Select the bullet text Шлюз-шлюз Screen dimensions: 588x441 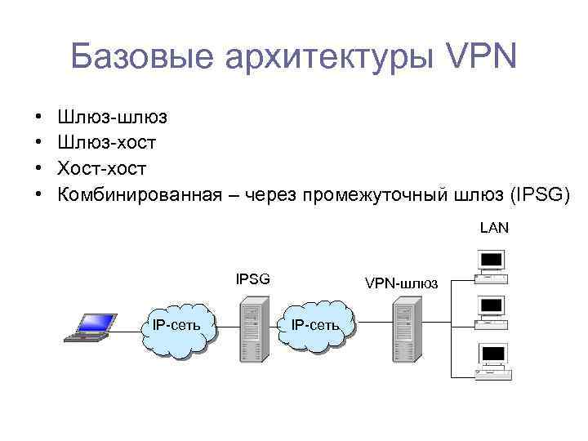coord(111,117)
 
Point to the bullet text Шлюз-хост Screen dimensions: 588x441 coord(111,143)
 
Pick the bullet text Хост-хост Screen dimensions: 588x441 coord(101,169)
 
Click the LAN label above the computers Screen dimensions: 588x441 coord(494,228)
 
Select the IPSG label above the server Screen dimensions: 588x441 coord(252,279)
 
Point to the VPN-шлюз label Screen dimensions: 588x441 coord(401,283)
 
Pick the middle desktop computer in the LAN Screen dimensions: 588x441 coord(491,310)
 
